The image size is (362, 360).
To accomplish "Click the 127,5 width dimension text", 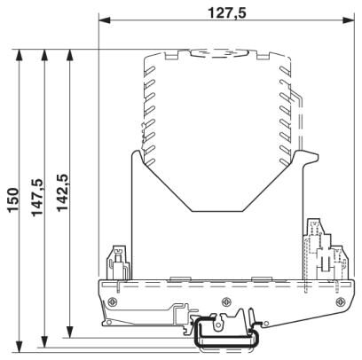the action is pos(227,13).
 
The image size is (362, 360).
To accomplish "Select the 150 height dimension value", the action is pos(13,200).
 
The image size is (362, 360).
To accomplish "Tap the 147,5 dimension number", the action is pos(37,198).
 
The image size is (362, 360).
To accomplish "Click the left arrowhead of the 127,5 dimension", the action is pos(105,20).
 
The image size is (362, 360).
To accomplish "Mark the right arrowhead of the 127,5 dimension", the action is pos(348,20).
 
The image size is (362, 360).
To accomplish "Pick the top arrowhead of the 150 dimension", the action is pos(20,55).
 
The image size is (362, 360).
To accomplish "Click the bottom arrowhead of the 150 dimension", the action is pos(20,347).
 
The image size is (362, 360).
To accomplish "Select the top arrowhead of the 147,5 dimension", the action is pos(44,55).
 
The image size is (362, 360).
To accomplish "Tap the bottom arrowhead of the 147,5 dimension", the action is pos(44,341).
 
